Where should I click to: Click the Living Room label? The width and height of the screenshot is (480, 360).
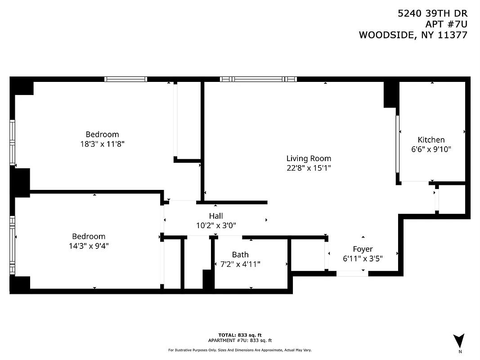click(x=309, y=158)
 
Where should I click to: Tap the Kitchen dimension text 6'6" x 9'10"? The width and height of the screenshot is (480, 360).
click(x=431, y=149)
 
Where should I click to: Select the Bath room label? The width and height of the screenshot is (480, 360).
click(x=240, y=255)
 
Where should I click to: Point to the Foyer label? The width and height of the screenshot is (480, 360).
click(x=363, y=249)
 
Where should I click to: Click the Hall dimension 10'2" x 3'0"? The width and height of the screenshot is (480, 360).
click(x=216, y=226)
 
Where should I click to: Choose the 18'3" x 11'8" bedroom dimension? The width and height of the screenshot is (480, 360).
click(x=102, y=144)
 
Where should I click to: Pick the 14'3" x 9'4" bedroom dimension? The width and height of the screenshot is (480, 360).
click(x=89, y=246)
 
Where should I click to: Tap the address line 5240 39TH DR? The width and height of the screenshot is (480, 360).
click(x=432, y=13)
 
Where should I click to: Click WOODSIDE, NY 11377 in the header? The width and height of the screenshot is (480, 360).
click(x=413, y=35)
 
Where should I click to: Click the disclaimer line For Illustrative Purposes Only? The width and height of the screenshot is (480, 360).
click(x=240, y=350)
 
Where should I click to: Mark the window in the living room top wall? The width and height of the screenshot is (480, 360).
click(x=258, y=79)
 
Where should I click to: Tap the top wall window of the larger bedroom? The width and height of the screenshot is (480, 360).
click(x=126, y=79)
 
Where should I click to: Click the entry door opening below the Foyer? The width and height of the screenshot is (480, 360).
click(x=352, y=273)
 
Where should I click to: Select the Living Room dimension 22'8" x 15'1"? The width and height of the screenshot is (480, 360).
click(x=309, y=168)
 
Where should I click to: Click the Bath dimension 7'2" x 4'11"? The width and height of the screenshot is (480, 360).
click(x=240, y=264)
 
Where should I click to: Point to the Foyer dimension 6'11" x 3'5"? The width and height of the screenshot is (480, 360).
click(x=363, y=258)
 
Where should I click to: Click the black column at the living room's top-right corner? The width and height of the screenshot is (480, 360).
click(x=390, y=94)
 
